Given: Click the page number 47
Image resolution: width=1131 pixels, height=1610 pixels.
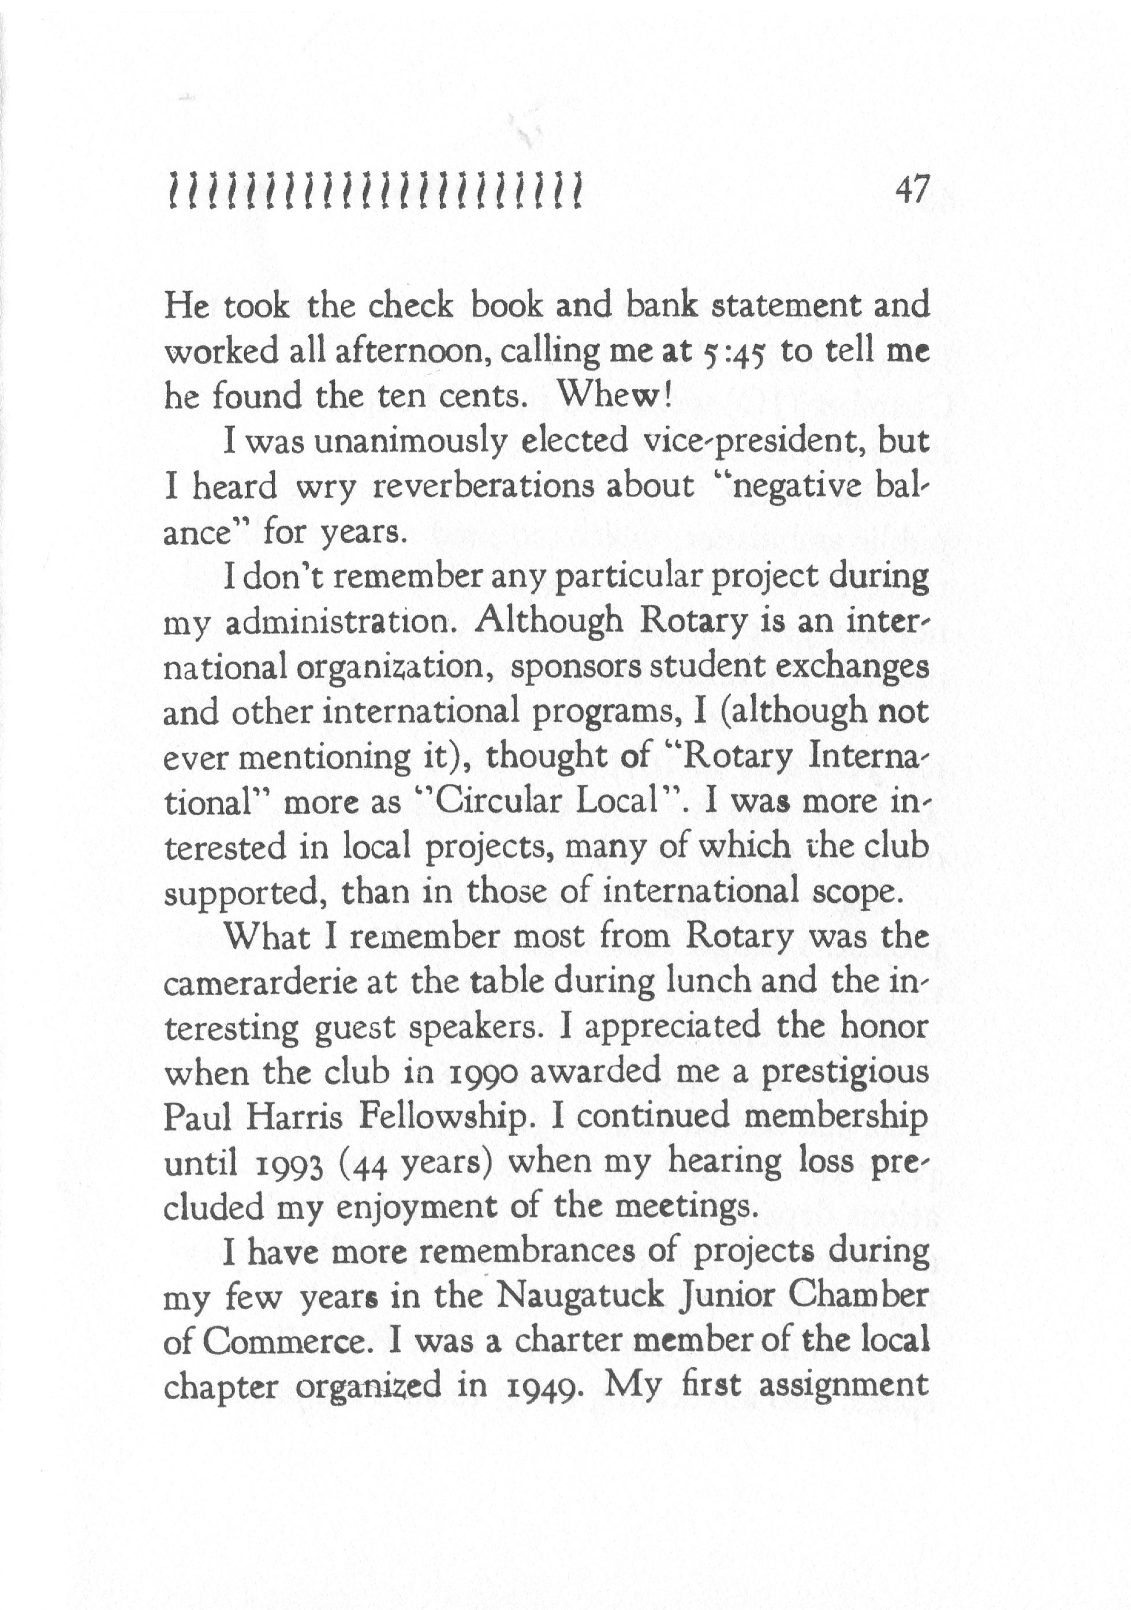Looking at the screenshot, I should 910,190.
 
